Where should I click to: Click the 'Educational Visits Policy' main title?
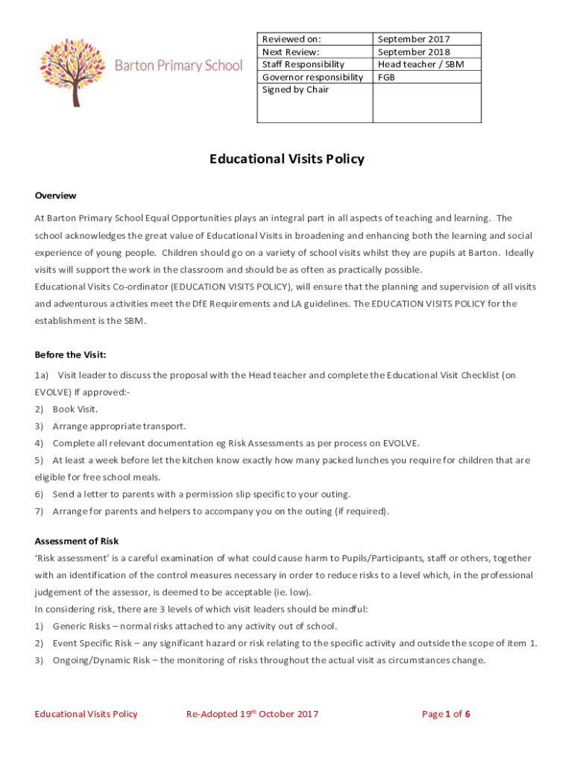tap(287, 159)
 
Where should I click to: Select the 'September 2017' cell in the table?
tap(414, 39)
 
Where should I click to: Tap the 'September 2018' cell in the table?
tap(414, 51)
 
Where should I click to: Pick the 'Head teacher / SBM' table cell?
tap(420, 64)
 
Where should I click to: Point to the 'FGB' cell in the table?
tap(386, 77)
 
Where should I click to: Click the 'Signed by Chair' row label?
tap(295, 90)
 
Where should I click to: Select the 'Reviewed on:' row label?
tap(291, 39)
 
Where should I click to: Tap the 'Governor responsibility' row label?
tap(312, 77)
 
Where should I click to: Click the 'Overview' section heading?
tap(55, 195)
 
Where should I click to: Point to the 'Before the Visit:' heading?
tap(75, 354)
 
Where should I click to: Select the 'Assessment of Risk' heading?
tap(77, 541)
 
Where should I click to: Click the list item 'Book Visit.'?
tap(75, 409)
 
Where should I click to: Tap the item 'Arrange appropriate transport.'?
tap(119, 426)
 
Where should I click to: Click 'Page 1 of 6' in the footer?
tap(446, 714)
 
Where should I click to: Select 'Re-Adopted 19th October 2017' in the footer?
tap(252, 714)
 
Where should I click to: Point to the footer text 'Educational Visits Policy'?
tap(86, 714)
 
